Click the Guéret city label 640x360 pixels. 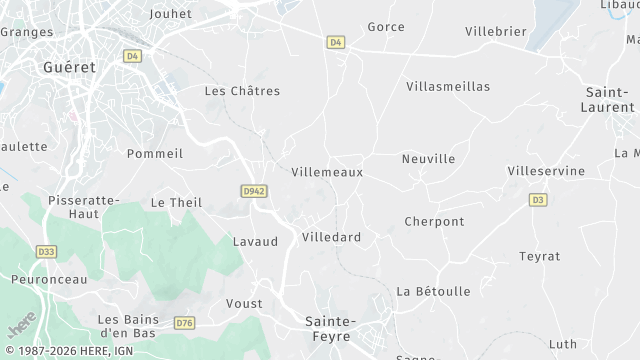point(69,68)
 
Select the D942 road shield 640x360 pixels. point(254,189)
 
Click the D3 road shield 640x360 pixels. point(538,200)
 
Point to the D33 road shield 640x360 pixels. point(45,251)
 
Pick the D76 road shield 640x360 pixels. point(183,323)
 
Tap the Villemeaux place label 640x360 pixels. point(326,172)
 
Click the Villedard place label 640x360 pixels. point(331,237)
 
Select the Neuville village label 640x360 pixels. point(428,159)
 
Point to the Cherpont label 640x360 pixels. point(434,221)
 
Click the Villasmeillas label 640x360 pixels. point(448,87)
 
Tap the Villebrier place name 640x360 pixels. point(495,31)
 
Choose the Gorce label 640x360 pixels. point(386,27)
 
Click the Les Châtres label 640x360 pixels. point(242,90)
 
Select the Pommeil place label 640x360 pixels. point(155,153)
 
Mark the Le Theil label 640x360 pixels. point(176,202)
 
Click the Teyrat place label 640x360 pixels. point(539,256)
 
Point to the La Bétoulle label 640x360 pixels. point(433,291)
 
